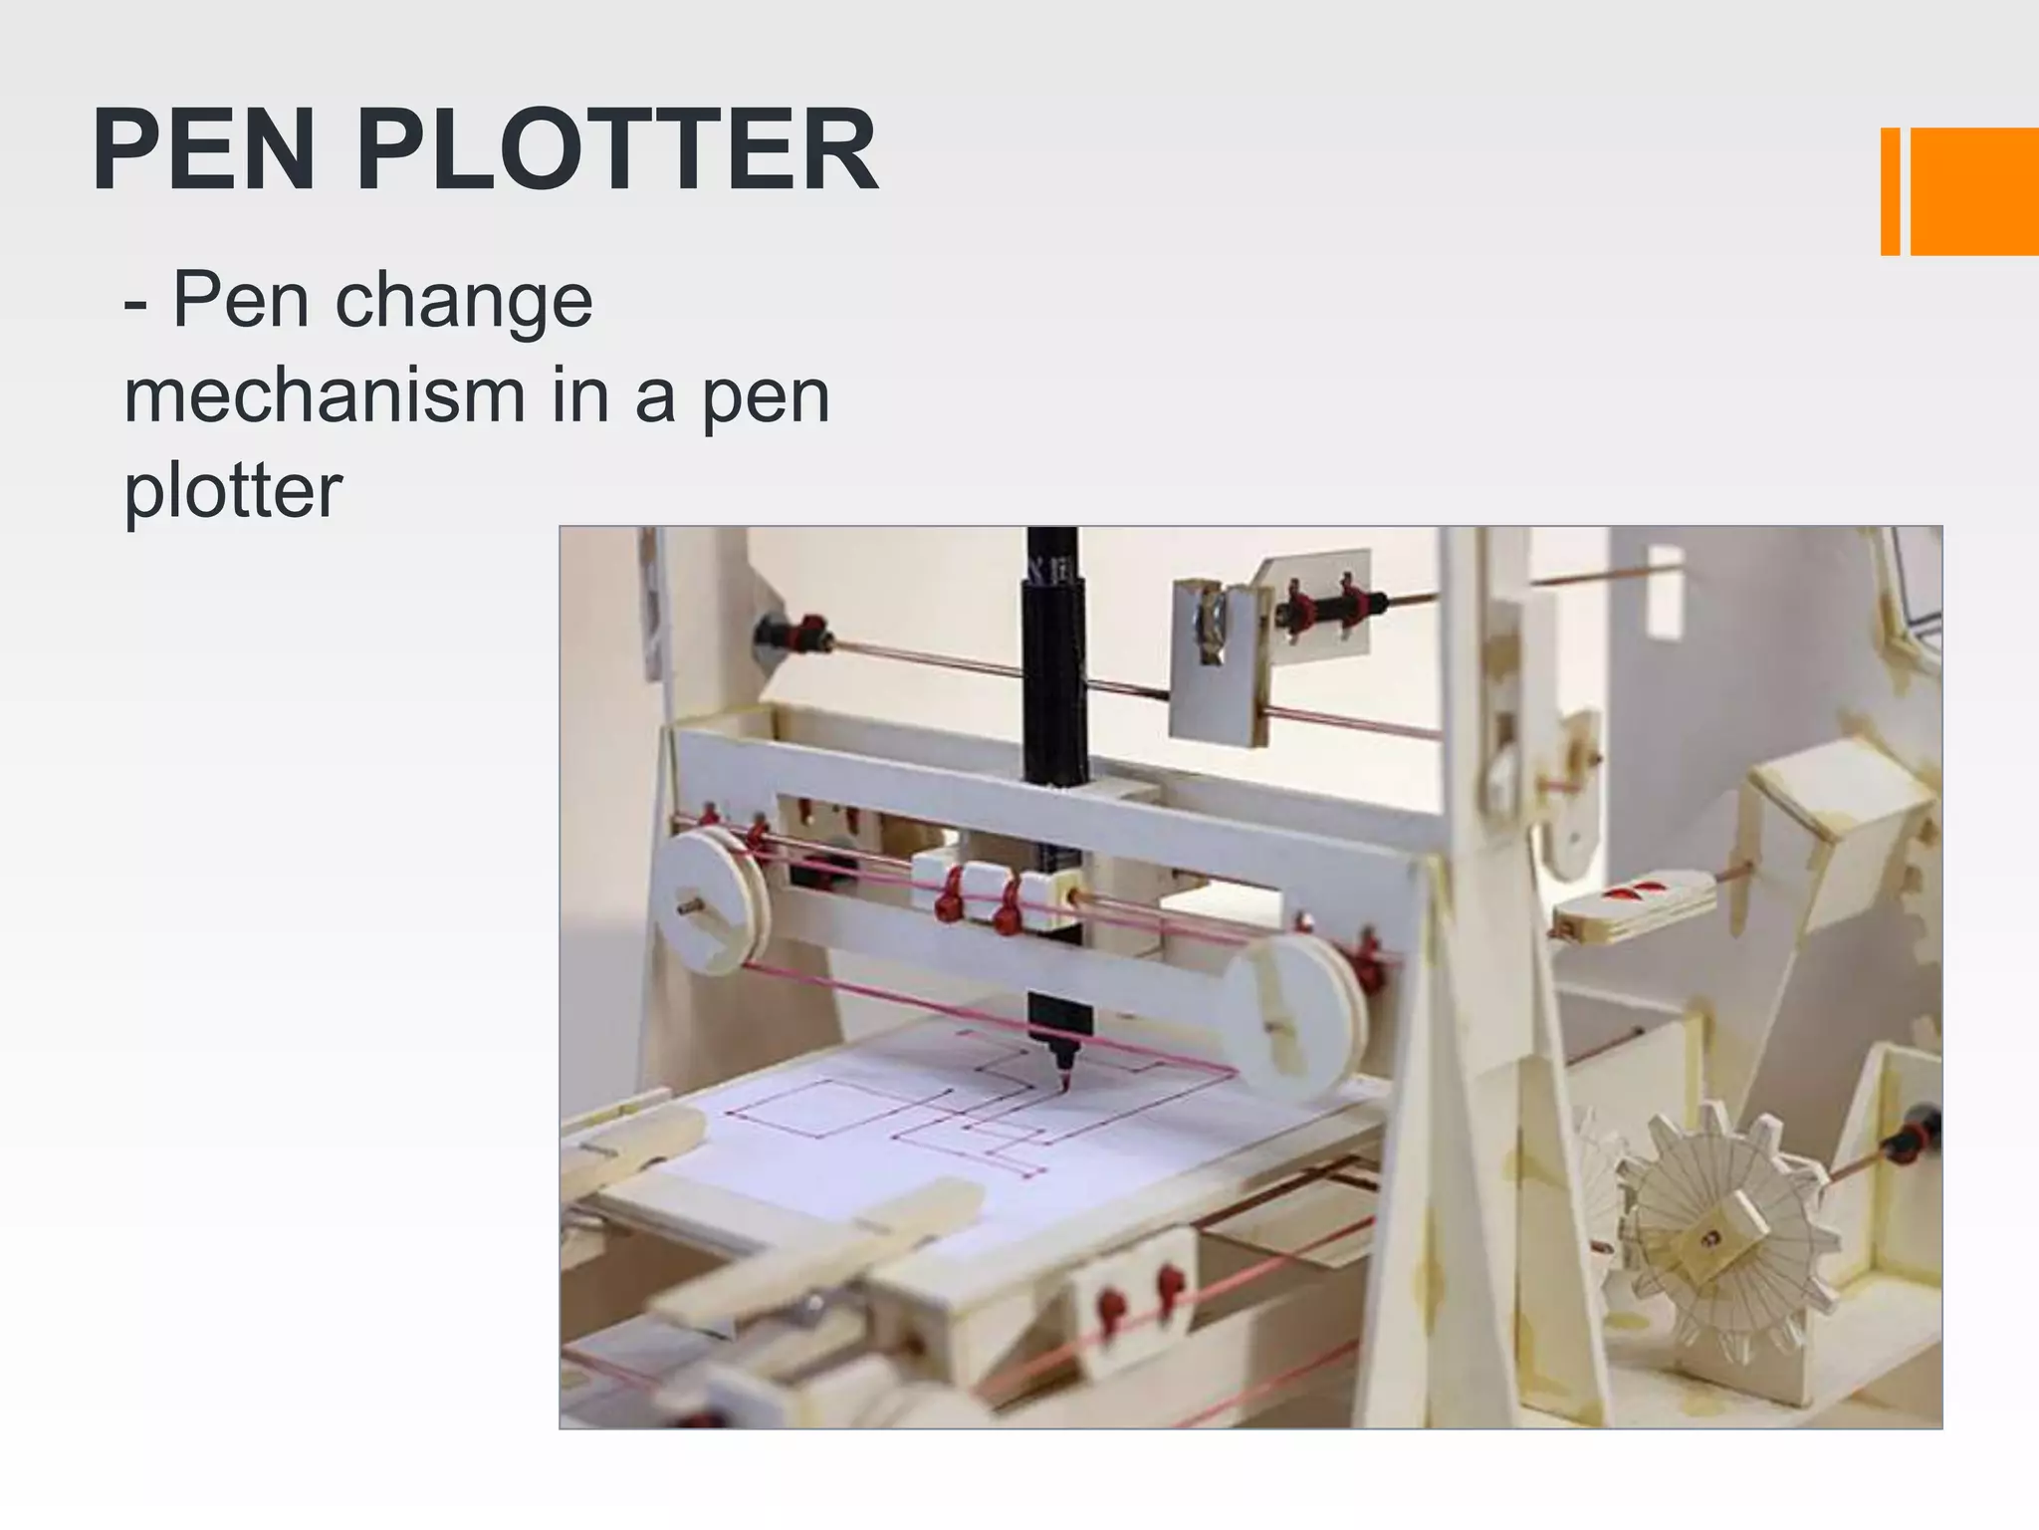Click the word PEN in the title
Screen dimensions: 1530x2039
tap(204, 150)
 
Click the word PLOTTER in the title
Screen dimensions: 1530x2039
tap(617, 150)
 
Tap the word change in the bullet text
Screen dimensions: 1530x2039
tap(464, 301)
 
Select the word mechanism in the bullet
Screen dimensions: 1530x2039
tap(325, 395)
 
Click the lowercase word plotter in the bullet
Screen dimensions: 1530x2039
tap(233, 490)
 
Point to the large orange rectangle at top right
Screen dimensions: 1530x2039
tap(1973, 191)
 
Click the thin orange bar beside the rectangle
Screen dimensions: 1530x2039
tap(1890, 191)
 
